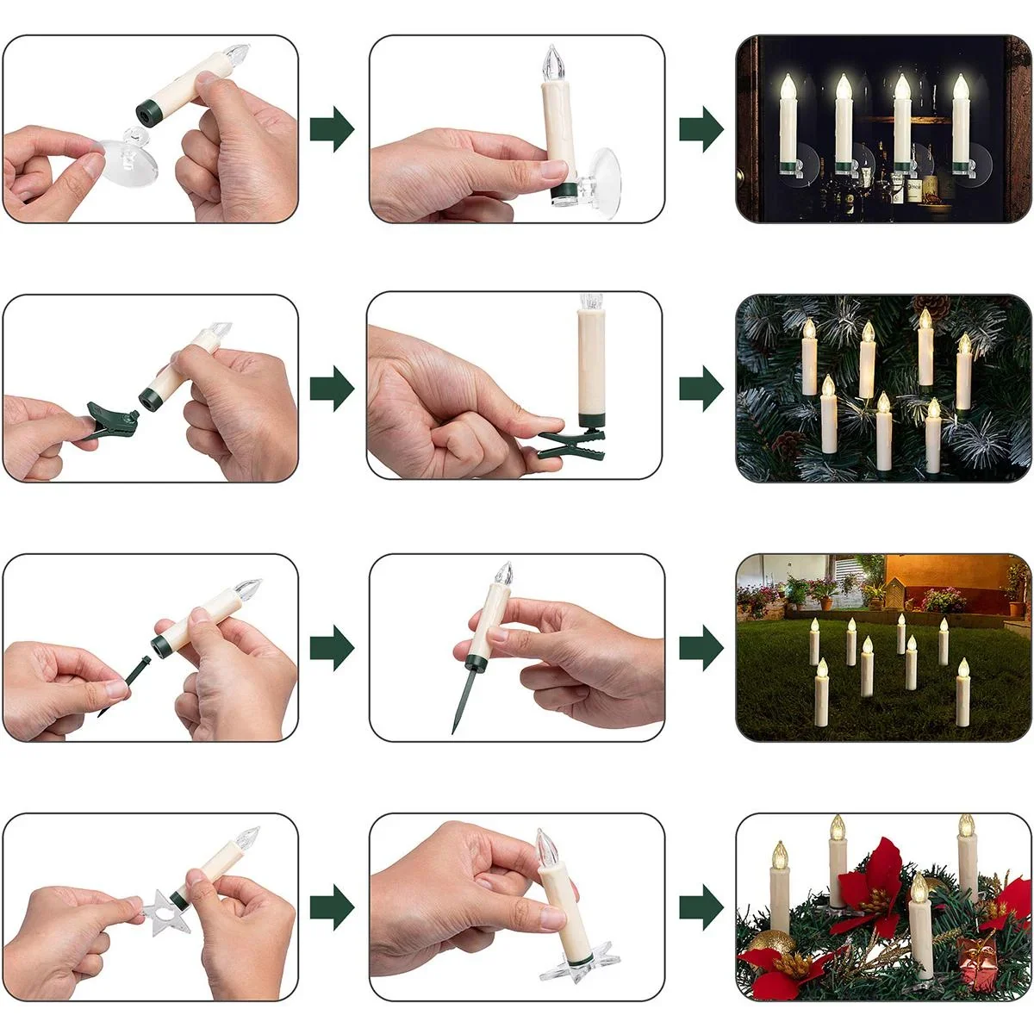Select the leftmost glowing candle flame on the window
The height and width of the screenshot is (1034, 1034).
click(x=788, y=87)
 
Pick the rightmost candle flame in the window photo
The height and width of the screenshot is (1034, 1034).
click(x=960, y=87)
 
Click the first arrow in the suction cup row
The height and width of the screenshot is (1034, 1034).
click(x=332, y=130)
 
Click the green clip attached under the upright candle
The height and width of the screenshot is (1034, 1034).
click(x=572, y=441)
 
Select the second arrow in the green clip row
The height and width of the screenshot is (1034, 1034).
click(x=701, y=388)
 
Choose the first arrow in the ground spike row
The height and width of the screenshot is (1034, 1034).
click(x=332, y=647)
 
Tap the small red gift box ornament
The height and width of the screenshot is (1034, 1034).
click(x=975, y=962)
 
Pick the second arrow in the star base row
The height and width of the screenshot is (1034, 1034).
click(x=701, y=906)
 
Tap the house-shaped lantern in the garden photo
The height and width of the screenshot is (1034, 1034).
click(x=896, y=593)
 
